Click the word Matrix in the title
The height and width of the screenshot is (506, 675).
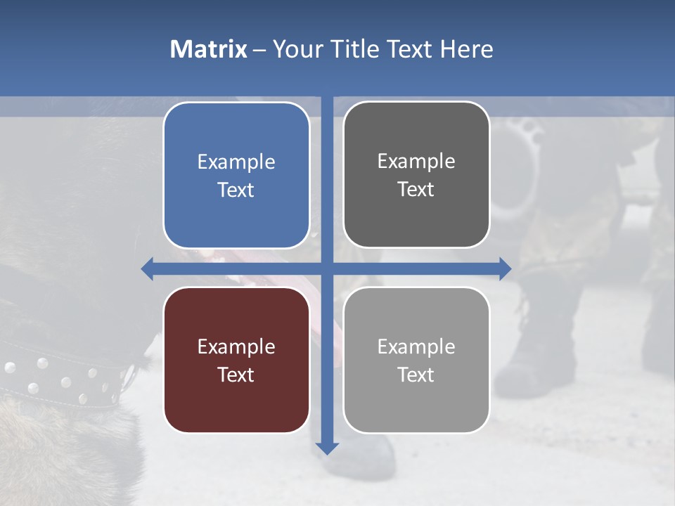(208, 49)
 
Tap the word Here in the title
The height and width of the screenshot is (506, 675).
(467, 49)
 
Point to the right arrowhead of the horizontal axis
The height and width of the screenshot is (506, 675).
(505, 268)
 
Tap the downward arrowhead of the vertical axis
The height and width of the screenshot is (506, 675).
(327, 448)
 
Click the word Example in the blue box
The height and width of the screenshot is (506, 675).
(236, 162)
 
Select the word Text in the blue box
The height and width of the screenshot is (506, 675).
(236, 190)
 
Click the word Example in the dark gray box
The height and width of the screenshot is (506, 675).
(416, 162)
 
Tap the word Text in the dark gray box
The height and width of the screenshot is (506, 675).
(416, 189)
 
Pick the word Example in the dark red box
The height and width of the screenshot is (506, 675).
(236, 347)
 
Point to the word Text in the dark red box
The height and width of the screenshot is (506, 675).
(236, 375)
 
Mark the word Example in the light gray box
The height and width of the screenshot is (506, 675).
(416, 346)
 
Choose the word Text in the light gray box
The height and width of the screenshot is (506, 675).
(416, 375)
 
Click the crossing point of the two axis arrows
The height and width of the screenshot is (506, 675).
(327, 268)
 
